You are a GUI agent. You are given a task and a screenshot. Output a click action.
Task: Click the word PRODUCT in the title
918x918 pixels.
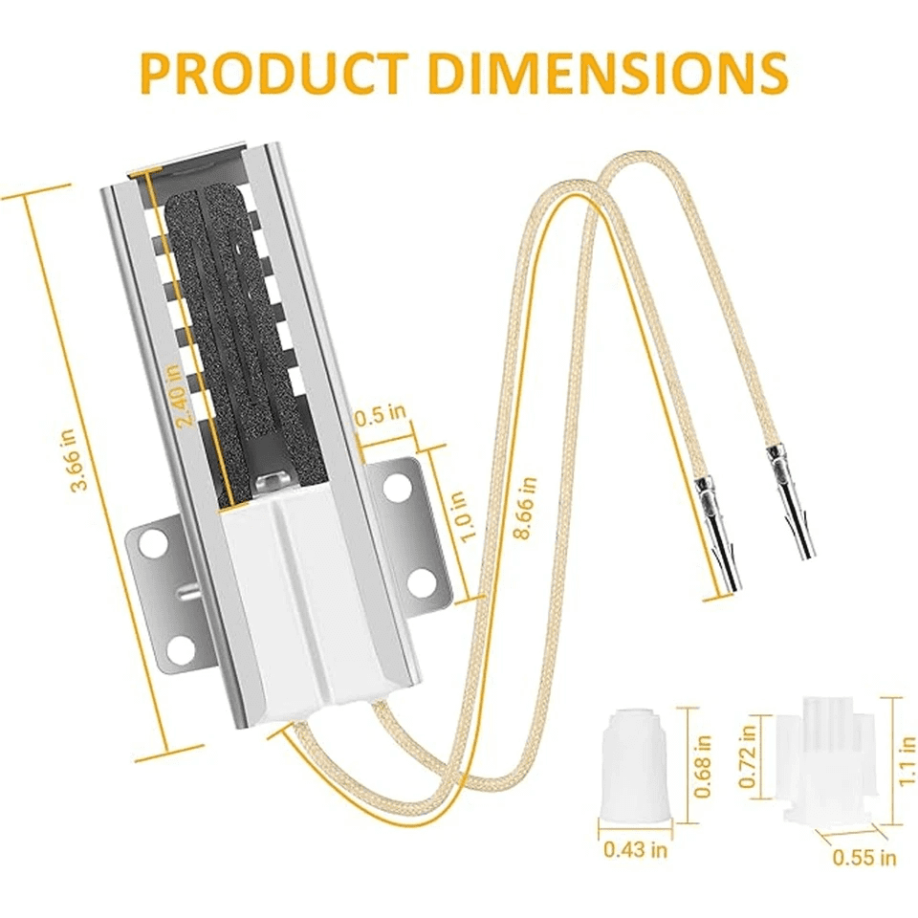point(274,73)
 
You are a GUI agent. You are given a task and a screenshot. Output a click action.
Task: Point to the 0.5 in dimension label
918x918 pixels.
point(380,415)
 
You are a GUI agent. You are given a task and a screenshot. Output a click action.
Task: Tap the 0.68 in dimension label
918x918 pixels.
point(702,766)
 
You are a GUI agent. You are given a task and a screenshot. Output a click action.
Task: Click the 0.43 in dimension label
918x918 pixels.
point(635,849)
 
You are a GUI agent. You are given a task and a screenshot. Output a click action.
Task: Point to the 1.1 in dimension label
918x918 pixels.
point(907,760)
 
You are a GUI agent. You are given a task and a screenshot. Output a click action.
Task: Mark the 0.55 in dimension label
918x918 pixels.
point(864,857)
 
